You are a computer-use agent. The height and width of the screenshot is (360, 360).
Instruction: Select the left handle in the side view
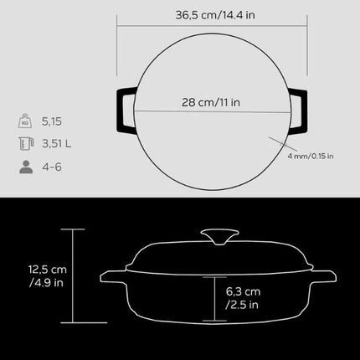[111, 280]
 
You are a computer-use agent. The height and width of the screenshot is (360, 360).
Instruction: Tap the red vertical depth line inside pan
[216, 298]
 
